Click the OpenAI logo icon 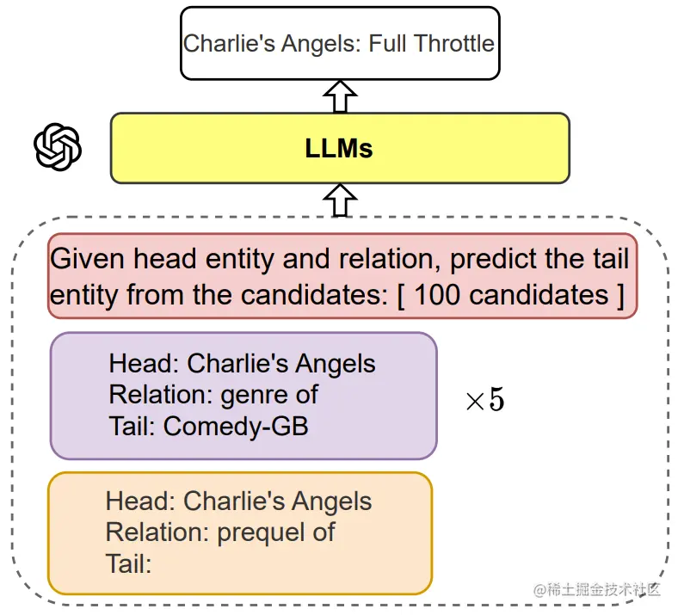point(58,147)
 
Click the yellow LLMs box point(340,148)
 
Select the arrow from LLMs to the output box point(341,96)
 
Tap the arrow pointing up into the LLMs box point(342,200)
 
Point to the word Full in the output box point(388,43)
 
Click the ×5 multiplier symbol point(484,400)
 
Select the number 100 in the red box point(439,295)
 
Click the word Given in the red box point(88,259)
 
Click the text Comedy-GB point(236,426)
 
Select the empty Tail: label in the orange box point(128,563)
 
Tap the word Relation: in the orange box point(157,532)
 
